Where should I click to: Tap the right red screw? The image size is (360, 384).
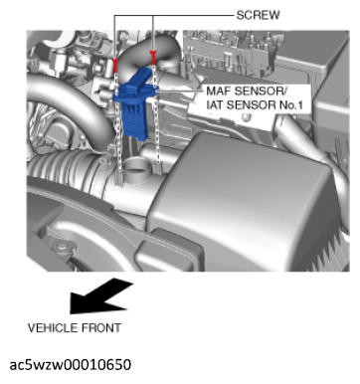[x=154, y=54]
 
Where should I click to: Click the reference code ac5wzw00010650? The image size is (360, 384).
[x=70, y=364]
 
